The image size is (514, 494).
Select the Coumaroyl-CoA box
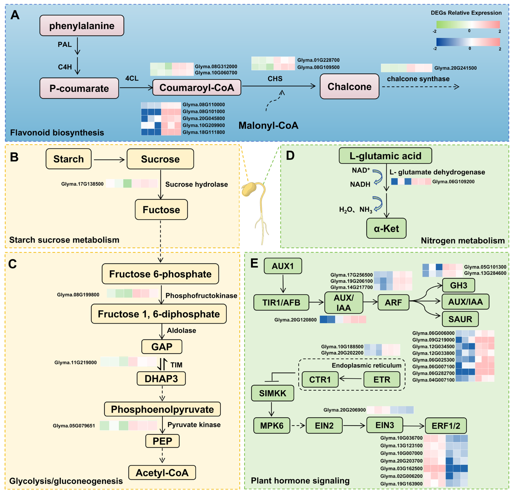[197, 88]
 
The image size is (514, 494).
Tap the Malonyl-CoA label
[268, 126]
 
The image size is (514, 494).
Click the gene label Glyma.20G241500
[455, 68]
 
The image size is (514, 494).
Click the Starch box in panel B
[68, 159]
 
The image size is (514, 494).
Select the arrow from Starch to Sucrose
[109, 160]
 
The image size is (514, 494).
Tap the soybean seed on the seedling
[248, 189]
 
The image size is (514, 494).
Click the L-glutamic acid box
[385, 156]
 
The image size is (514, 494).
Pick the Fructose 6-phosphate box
[160, 274]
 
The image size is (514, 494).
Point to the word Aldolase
[181, 330]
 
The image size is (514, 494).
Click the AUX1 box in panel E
[283, 266]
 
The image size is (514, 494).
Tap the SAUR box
[460, 319]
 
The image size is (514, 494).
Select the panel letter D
[290, 156]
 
